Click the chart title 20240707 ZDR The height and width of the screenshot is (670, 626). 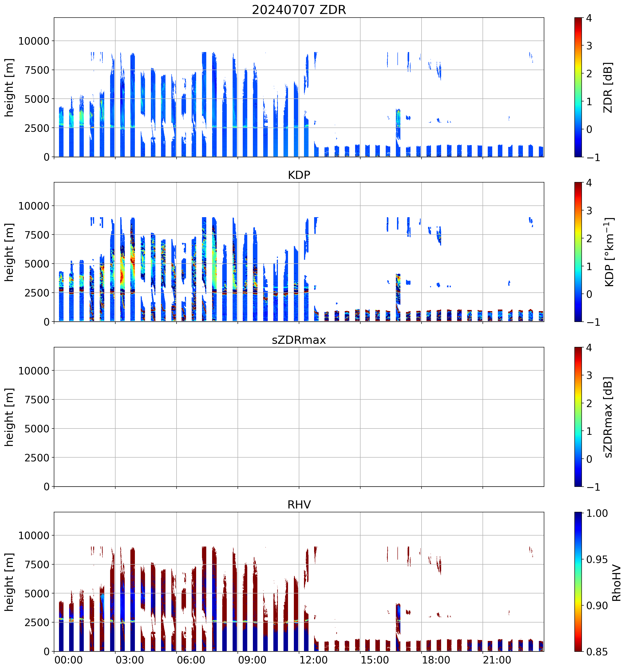point(299,10)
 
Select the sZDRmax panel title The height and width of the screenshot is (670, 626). point(299,340)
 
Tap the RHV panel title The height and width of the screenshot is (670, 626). point(299,505)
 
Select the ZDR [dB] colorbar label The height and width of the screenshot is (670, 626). point(608,87)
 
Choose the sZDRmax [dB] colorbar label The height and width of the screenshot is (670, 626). point(608,417)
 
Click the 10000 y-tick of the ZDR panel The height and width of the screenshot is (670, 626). point(34,41)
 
